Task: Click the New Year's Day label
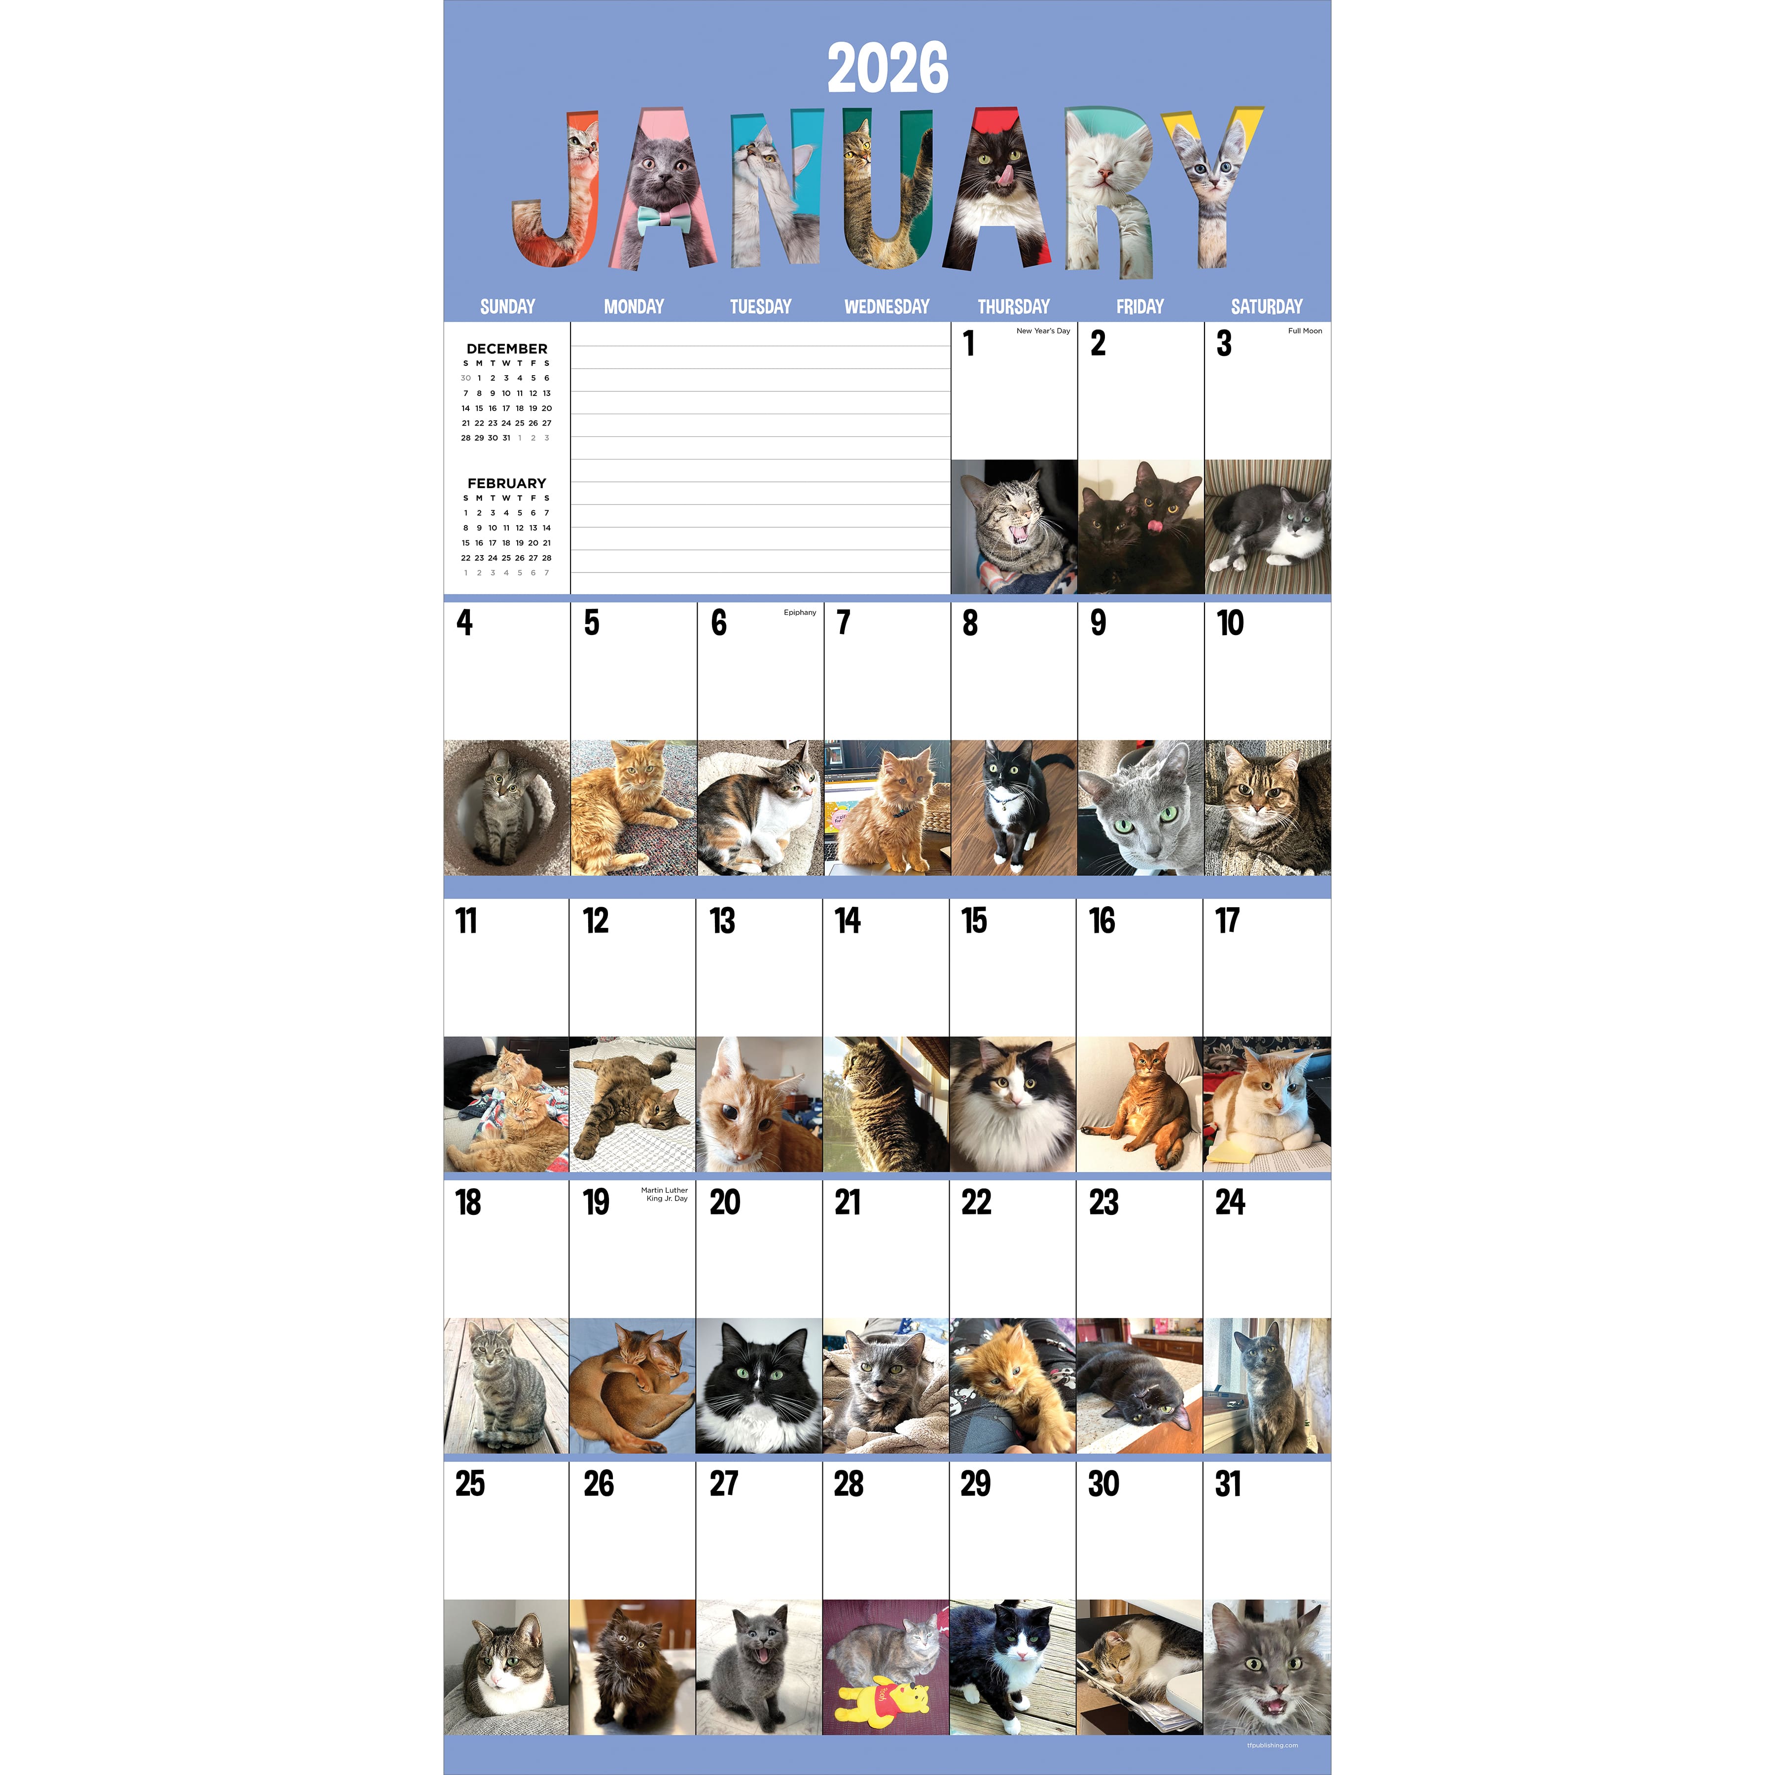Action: (1043, 331)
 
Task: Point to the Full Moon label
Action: (1305, 331)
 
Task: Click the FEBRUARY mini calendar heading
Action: (506, 483)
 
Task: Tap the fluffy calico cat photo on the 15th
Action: (1012, 1104)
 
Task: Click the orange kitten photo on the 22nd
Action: (1012, 1385)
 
